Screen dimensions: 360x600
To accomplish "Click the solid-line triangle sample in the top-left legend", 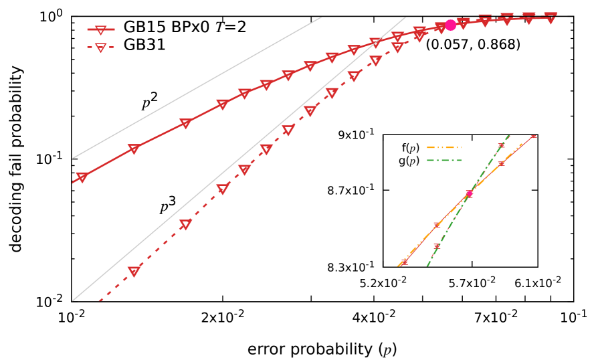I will [x=100, y=29].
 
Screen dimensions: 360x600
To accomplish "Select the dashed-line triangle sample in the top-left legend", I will [x=100, y=47].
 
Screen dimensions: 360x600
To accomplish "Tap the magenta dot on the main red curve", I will [x=450, y=25].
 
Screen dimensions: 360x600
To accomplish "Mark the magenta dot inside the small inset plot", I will [x=469, y=193].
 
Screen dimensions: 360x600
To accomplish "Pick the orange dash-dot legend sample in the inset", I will [x=444, y=147].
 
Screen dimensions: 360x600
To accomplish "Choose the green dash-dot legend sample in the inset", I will [x=444, y=160].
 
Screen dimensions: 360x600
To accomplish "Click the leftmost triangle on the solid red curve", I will [x=82, y=177].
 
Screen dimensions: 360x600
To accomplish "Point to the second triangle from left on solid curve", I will [x=134, y=149].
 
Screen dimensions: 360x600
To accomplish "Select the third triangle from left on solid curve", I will [x=185, y=123].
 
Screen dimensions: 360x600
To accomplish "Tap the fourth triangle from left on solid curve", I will [x=222, y=104].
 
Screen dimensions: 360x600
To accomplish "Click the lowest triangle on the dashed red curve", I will [x=134, y=271].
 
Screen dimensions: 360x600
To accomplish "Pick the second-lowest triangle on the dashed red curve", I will [x=185, y=224].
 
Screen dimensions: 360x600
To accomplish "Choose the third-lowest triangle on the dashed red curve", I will [x=222, y=189].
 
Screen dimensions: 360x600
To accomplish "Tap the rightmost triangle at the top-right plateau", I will [x=551, y=19].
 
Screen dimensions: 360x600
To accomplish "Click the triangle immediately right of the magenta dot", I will [x=463, y=23].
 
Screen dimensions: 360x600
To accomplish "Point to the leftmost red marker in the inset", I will [x=404, y=262].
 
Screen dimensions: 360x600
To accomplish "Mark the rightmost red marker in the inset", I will [x=533, y=136].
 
